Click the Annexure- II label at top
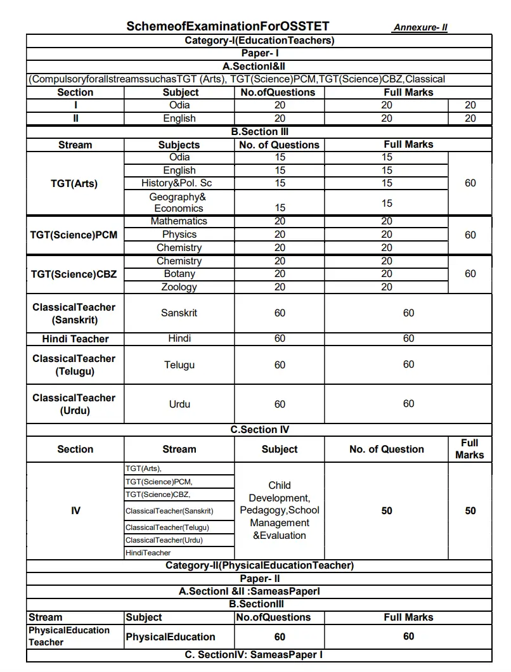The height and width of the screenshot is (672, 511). [420, 28]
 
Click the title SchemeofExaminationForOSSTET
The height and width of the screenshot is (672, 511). [228, 27]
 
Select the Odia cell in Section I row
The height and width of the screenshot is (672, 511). [179, 105]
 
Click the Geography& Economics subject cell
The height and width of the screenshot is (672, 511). [179, 202]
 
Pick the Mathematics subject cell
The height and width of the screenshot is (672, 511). [179, 221]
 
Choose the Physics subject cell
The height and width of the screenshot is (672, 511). [179, 235]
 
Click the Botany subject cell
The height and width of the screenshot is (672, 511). [179, 274]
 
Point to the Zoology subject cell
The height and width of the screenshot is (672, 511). [179, 287]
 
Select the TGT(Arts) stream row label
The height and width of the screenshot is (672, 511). [74, 184]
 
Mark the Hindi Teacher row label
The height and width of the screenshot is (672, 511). [75, 339]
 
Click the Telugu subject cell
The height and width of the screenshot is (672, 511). [179, 365]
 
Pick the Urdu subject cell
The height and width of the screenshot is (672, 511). [179, 404]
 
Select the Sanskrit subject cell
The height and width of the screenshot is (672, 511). [179, 313]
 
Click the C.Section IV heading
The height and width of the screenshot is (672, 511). [259, 430]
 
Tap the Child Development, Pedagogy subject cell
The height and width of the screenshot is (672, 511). [280, 510]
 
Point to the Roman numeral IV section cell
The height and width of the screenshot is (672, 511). [75, 510]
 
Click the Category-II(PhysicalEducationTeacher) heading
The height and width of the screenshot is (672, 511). [259, 565]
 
